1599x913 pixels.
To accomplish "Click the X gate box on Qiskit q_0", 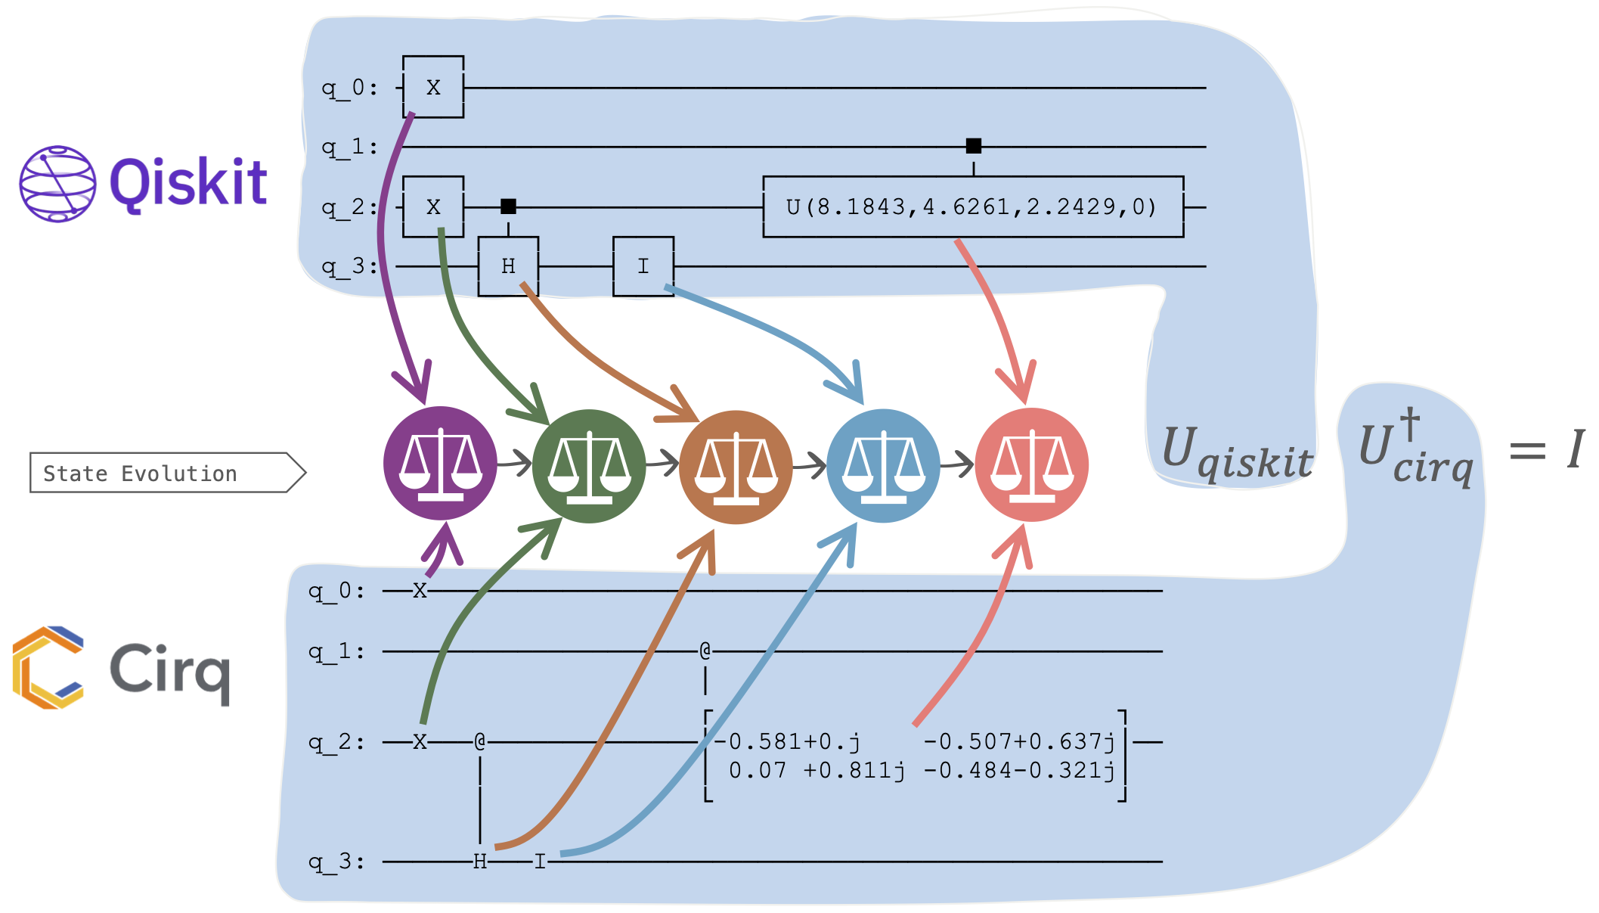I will click(x=433, y=87).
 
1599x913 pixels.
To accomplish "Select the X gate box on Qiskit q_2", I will click(x=433, y=207).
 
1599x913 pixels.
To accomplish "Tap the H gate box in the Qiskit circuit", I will click(x=508, y=266).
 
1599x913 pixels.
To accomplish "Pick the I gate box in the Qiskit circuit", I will click(x=643, y=266).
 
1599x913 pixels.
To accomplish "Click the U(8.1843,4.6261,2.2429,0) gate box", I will click(x=973, y=207).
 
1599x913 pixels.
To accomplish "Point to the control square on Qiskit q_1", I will click(x=974, y=146).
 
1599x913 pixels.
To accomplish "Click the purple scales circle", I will click(x=440, y=463).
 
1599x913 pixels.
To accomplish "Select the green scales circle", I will click(x=589, y=466).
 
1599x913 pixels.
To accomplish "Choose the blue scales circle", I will click(x=883, y=465).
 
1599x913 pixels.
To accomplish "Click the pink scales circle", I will click(x=1032, y=464).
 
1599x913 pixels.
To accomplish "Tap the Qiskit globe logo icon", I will click(x=57, y=184).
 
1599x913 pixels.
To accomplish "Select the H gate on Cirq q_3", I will click(x=480, y=862).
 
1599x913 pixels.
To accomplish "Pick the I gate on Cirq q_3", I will click(x=540, y=862).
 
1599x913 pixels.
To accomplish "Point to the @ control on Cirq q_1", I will click(x=705, y=651).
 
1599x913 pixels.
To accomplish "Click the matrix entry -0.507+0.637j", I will click(x=1019, y=741).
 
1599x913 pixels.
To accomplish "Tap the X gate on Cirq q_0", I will click(x=420, y=590).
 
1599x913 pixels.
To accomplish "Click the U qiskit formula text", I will click(x=1237, y=452).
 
